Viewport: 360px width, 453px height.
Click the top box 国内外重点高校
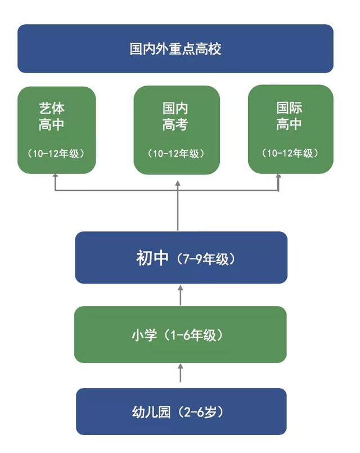(175, 48)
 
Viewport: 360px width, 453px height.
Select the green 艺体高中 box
(57, 130)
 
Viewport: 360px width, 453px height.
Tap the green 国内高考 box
(177, 130)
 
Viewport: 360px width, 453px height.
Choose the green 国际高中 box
(291, 129)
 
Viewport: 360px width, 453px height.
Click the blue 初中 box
(181, 257)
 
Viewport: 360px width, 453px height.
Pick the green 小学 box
(181, 335)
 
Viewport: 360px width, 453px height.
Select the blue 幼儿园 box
(181, 411)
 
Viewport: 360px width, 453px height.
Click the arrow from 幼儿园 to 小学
(181, 373)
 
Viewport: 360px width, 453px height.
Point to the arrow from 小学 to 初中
(181, 295)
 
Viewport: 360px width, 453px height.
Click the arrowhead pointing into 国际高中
(278, 176)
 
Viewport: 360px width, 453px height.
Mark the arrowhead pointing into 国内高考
(178, 183)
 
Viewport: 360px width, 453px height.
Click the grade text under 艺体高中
(56, 154)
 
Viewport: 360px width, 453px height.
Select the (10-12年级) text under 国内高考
(176, 154)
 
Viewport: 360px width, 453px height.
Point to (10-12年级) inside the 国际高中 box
(290, 153)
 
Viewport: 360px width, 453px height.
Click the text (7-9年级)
(205, 259)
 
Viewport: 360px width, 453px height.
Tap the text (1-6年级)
(193, 335)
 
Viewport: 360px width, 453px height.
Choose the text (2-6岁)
(201, 412)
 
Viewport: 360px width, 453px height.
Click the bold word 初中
(152, 258)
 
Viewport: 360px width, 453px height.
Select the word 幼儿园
(151, 412)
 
